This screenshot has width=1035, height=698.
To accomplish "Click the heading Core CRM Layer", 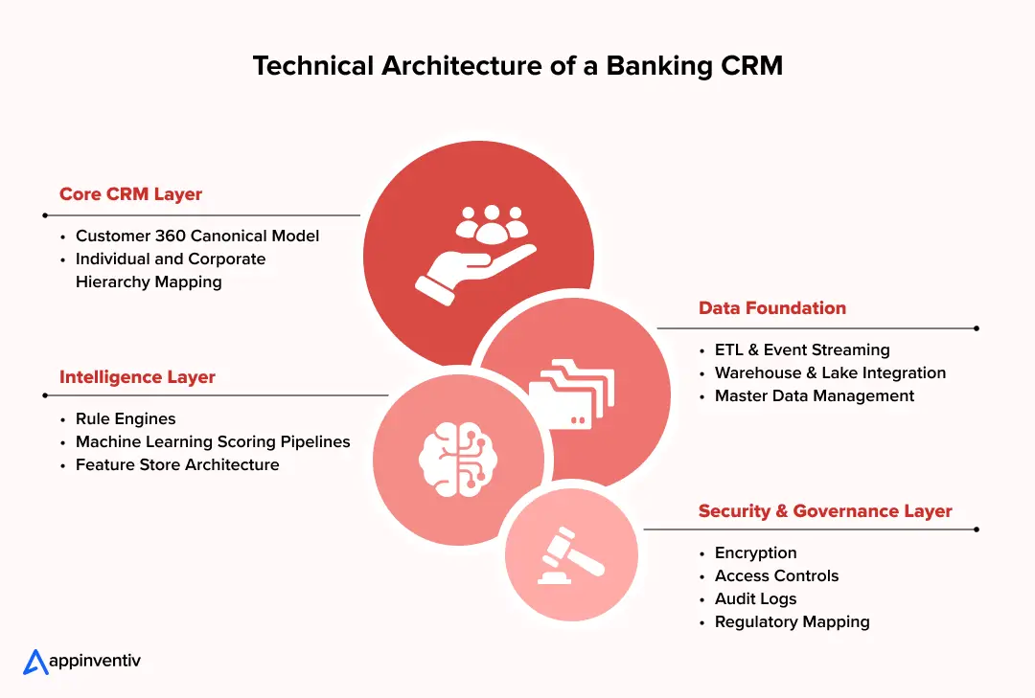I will pyautogui.click(x=130, y=193).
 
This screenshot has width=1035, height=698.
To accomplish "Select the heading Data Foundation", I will pyautogui.click(x=772, y=308).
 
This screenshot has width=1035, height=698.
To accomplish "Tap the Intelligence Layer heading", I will pyautogui.click(x=137, y=377).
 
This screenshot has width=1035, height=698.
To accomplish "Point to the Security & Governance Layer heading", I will pyautogui.click(x=825, y=511).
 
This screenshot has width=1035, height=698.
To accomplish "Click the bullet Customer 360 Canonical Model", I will pyautogui.click(x=197, y=236).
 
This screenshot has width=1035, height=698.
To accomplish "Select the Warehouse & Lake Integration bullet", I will pyautogui.click(x=830, y=373).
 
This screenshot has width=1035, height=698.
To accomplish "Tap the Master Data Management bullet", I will pyautogui.click(x=815, y=396).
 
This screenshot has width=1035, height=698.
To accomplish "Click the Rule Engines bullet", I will pyautogui.click(x=126, y=419).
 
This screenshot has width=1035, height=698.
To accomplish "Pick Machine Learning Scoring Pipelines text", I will pyautogui.click(x=213, y=442).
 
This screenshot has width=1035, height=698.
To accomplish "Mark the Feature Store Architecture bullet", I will pyautogui.click(x=177, y=465).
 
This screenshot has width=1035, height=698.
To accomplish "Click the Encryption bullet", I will pyautogui.click(x=755, y=553).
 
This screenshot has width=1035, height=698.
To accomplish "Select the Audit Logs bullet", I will pyautogui.click(x=755, y=599).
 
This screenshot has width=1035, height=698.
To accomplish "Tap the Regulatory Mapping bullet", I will pyautogui.click(x=792, y=622).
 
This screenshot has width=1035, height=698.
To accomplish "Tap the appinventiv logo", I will pyautogui.click(x=81, y=662).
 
